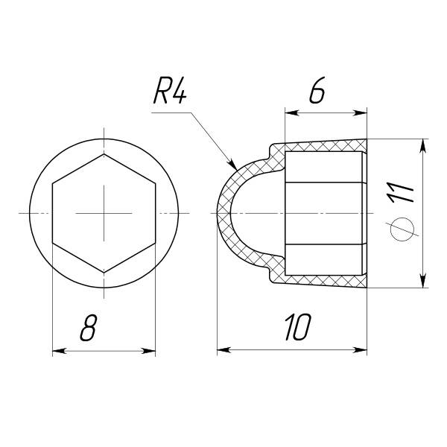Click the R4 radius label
170,91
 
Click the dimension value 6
317,90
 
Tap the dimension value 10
298,327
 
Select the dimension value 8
89,328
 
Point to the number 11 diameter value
399,193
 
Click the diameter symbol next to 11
402,229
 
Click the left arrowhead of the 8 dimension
60,351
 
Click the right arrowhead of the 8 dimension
148,351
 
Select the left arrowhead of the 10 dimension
224,349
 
